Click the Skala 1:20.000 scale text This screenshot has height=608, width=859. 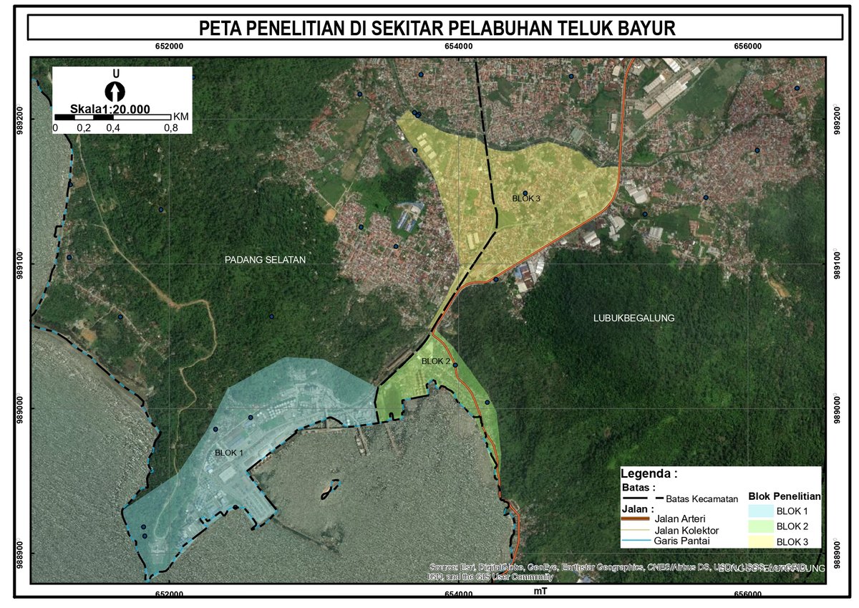click(110, 109)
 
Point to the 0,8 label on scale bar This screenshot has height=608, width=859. click(170, 128)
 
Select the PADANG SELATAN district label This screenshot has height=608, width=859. click(265, 260)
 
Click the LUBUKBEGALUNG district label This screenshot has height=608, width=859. click(634, 318)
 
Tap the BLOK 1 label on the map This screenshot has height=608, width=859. click(229, 453)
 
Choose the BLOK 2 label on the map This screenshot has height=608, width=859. click(435, 362)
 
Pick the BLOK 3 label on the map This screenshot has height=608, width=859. click(527, 198)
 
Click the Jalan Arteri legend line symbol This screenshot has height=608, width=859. click(634, 518)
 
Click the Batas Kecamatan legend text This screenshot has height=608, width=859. click(702, 499)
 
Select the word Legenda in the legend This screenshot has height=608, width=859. click(649, 473)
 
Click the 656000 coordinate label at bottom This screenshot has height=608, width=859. click(748, 594)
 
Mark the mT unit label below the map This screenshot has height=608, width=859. click(541, 592)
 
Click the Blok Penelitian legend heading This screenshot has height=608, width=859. click(785, 496)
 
